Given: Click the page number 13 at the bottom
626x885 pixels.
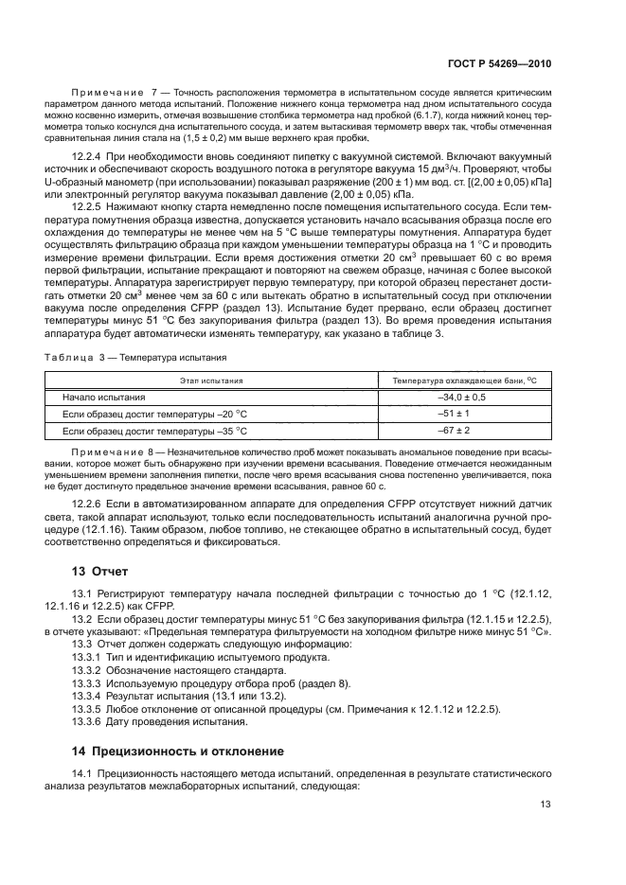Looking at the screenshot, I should (x=546, y=805).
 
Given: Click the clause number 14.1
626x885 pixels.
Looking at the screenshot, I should (x=83, y=774).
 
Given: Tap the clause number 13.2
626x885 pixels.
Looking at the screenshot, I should (x=83, y=618).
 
